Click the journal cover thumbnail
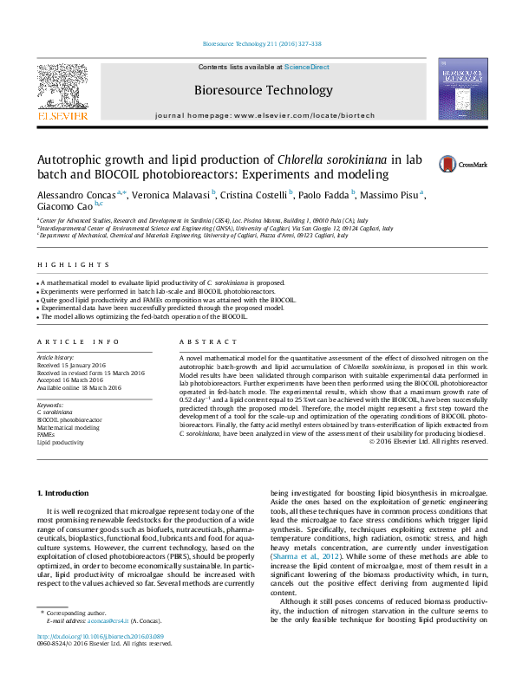click(462, 89)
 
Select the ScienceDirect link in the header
click(307, 67)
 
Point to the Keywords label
click(49, 405)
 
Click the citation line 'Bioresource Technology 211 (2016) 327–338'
click(261, 42)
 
